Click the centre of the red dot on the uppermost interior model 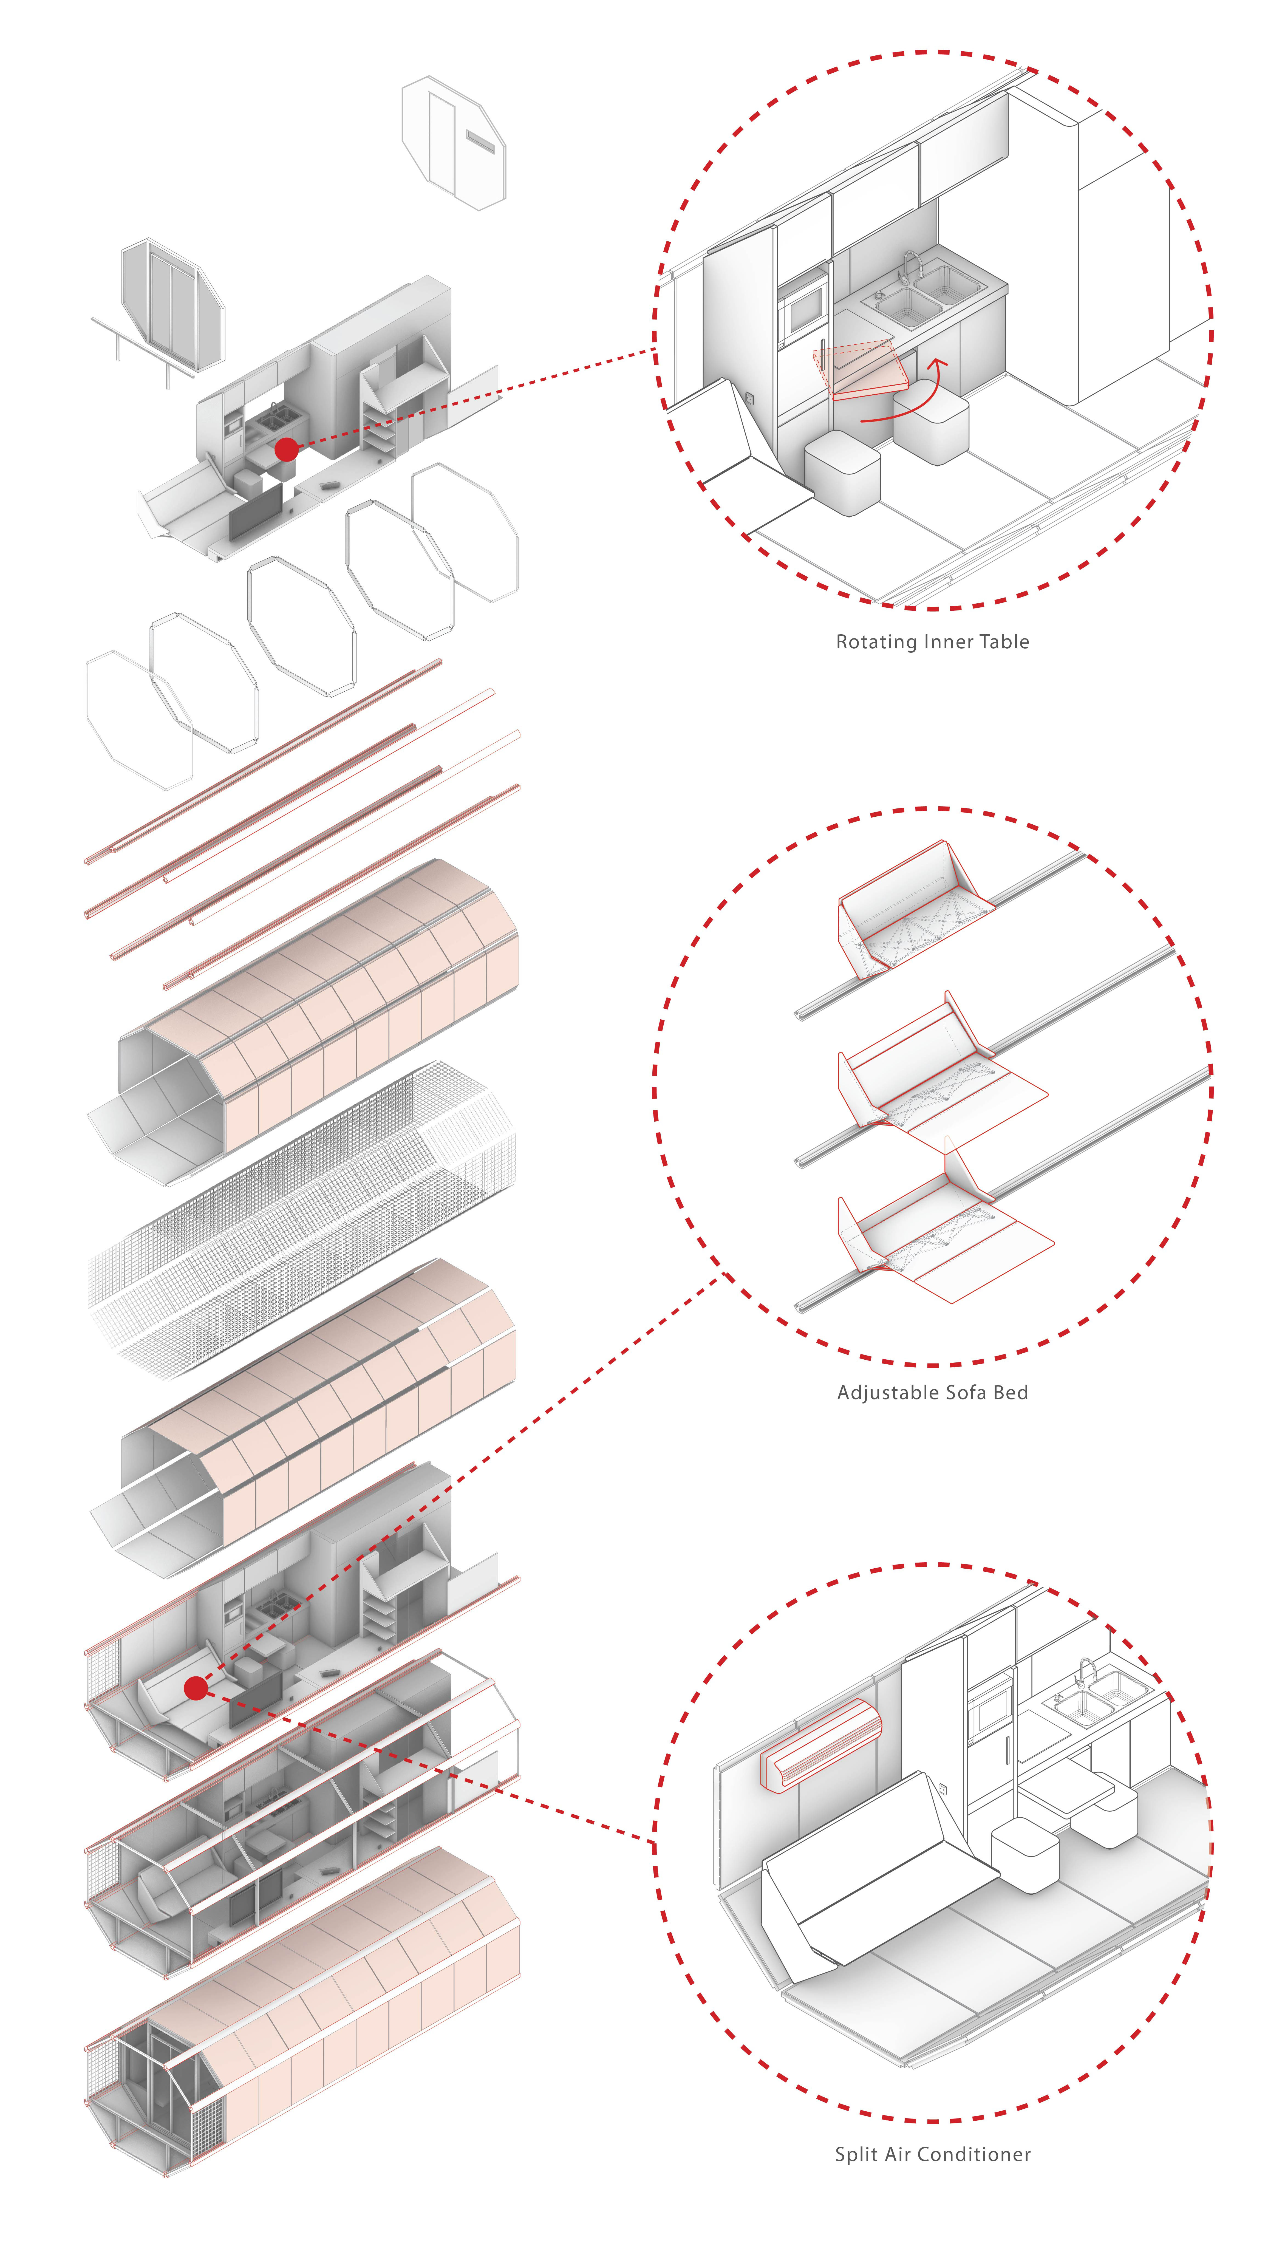286,449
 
